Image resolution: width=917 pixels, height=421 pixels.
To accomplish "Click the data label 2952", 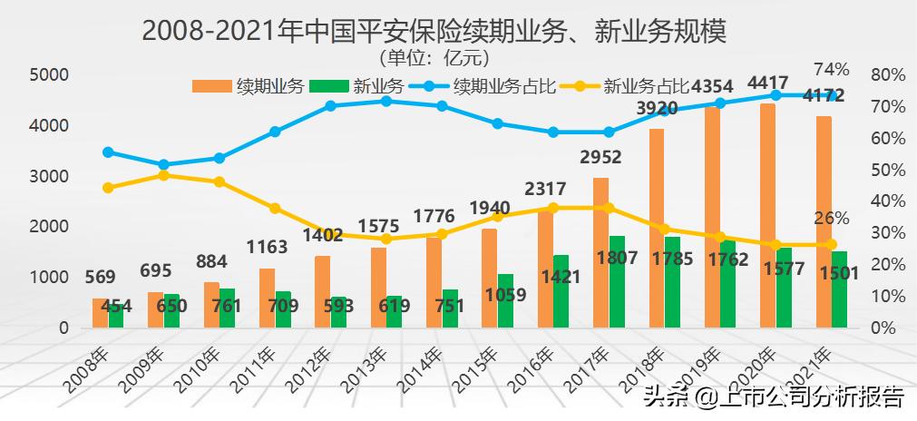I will pos(600,158).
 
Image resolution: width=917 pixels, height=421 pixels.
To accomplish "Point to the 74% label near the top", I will pos(831,69).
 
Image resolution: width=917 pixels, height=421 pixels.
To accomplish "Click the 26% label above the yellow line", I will pos(831,218).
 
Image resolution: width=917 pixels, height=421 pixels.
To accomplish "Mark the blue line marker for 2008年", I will pos(108,152).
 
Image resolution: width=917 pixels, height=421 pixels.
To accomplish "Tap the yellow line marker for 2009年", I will pos(163,175).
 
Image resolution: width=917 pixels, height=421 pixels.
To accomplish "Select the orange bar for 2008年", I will pos(100,313).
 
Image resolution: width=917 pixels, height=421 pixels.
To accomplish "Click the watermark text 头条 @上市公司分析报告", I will pos(773,397).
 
